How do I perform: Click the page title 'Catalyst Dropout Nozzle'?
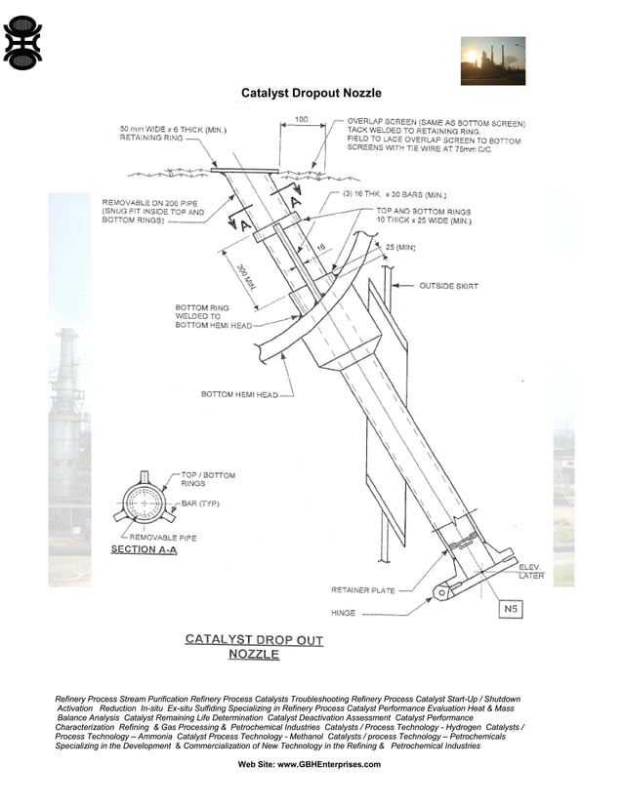click(311, 93)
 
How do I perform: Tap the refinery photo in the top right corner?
click(492, 61)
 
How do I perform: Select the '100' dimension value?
click(301, 120)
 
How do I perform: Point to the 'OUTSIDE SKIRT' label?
click(448, 286)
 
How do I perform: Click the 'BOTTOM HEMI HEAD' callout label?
click(239, 395)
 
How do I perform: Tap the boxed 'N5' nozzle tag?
click(510, 610)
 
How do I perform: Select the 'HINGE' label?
click(344, 614)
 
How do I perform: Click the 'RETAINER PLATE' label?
click(364, 589)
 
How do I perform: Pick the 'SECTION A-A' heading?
click(144, 550)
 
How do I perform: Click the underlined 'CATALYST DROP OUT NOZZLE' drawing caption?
click(254, 647)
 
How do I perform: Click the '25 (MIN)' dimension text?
click(400, 247)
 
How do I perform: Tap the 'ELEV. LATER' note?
click(531, 571)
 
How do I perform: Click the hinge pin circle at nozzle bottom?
click(442, 590)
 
